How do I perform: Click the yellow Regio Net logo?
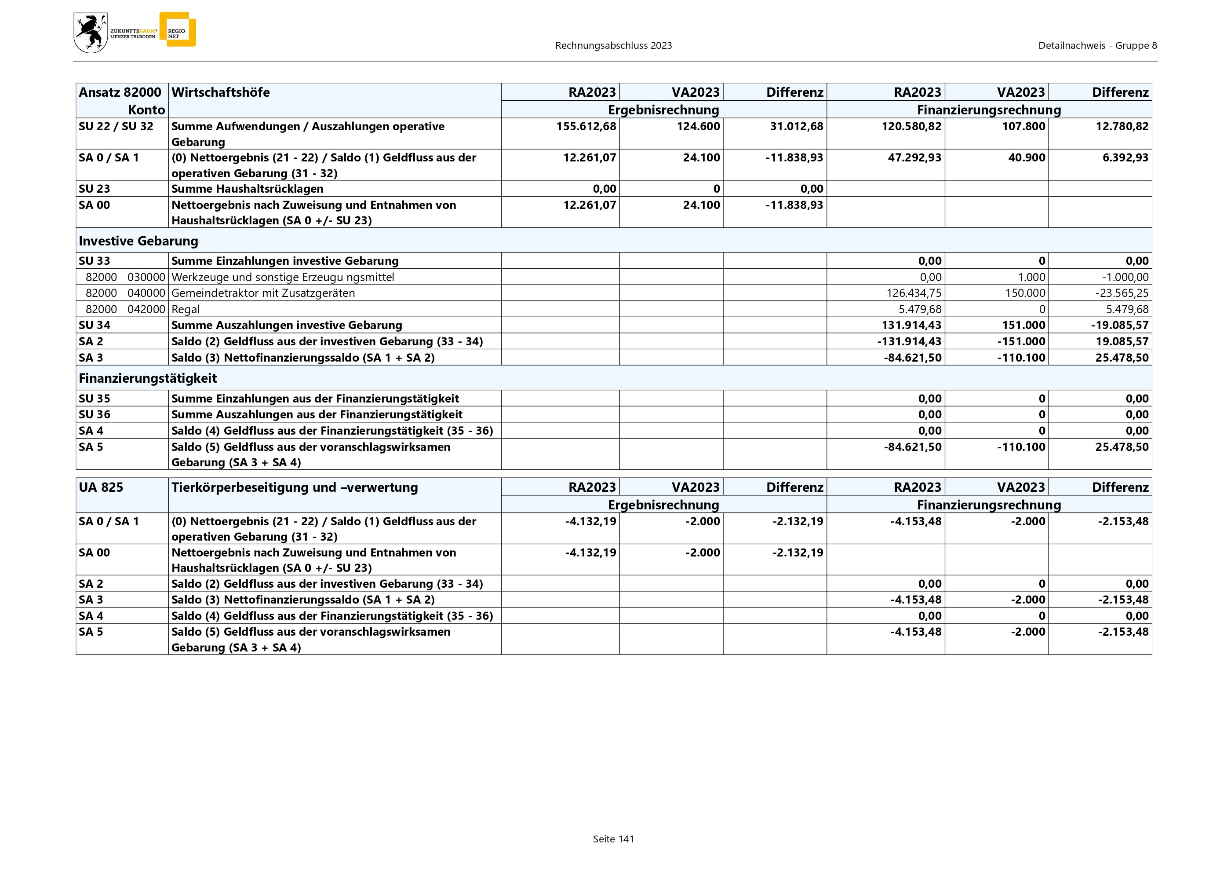tap(178, 29)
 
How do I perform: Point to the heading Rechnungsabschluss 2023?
tap(613, 46)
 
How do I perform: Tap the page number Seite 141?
tap(613, 839)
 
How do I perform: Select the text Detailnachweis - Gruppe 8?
tap(1097, 46)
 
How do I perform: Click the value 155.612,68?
tap(586, 127)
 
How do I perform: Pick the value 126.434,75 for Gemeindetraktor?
tap(911, 293)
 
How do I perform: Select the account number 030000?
tap(146, 277)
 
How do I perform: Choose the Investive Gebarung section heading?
tap(138, 241)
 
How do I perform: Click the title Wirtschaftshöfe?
tap(220, 92)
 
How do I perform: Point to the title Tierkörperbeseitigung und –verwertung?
tap(295, 487)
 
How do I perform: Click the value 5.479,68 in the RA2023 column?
tap(919, 309)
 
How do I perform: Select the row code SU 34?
tap(95, 325)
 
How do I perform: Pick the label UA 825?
tap(101, 487)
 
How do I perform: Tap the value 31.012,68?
tap(796, 127)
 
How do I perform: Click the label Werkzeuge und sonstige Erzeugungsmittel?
tap(283, 277)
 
